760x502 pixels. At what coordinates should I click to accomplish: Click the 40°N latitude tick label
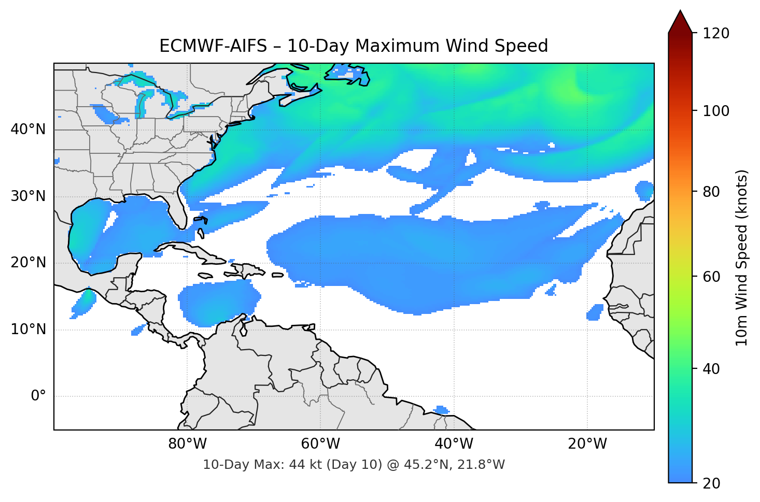[28, 130]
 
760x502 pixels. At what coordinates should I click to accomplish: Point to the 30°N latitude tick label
[28, 196]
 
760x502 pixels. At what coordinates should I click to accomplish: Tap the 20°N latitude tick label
[28, 263]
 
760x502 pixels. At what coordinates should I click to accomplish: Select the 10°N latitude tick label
[28, 329]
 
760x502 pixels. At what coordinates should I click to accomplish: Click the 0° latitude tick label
[38, 396]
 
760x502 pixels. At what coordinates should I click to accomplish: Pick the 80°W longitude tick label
[187, 444]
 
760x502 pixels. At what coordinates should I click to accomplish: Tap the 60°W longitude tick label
[320, 444]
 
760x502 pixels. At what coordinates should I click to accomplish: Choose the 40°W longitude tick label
[454, 444]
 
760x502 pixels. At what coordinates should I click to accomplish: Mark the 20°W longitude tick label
[587, 444]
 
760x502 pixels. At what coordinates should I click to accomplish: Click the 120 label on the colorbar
[716, 34]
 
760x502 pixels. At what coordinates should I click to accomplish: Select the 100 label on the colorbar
[716, 111]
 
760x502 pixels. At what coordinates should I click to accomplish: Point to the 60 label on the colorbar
[711, 277]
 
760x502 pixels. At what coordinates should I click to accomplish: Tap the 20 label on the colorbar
[711, 483]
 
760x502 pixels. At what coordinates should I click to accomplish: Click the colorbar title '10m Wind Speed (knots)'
[742, 258]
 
